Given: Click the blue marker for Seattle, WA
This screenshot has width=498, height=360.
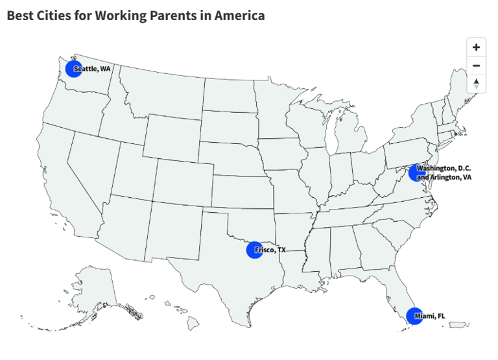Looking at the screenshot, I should [x=73, y=69].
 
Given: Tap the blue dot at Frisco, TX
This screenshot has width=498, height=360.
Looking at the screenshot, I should [x=254, y=250].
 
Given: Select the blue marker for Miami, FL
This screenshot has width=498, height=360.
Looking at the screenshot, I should [x=414, y=316].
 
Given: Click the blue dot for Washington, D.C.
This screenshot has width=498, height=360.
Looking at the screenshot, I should [x=416, y=173].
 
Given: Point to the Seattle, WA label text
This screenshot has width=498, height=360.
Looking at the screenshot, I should [x=92, y=69].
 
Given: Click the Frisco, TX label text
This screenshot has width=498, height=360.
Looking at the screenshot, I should [x=270, y=250].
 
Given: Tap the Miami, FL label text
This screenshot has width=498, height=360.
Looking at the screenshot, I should [x=430, y=316].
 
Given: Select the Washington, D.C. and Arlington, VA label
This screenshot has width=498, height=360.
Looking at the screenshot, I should [x=444, y=173].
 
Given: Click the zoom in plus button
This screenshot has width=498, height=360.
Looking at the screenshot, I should [x=476, y=47].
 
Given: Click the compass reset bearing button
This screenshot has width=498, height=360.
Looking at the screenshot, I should [x=476, y=84].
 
